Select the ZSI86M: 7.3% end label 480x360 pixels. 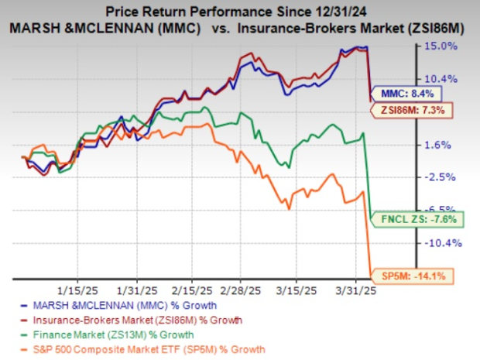(x=410, y=111)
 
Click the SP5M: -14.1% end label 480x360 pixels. (x=408, y=276)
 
